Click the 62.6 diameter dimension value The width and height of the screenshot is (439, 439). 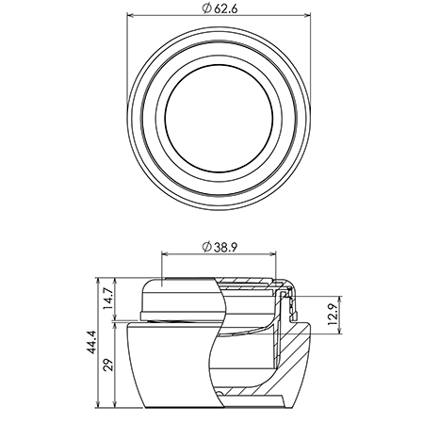point(225,8)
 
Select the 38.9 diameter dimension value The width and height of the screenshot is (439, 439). point(225,248)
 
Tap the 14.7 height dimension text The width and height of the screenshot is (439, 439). point(108,299)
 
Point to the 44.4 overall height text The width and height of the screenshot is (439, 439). point(91,342)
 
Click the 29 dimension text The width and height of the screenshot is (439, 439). point(108,365)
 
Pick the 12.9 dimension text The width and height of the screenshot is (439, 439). point(333,316)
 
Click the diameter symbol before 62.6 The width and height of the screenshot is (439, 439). point(206,8)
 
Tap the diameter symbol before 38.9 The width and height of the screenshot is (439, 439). point(206,248)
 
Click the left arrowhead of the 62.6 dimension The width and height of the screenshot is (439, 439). point(130,15)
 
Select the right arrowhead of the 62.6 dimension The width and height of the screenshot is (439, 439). point(307,15)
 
